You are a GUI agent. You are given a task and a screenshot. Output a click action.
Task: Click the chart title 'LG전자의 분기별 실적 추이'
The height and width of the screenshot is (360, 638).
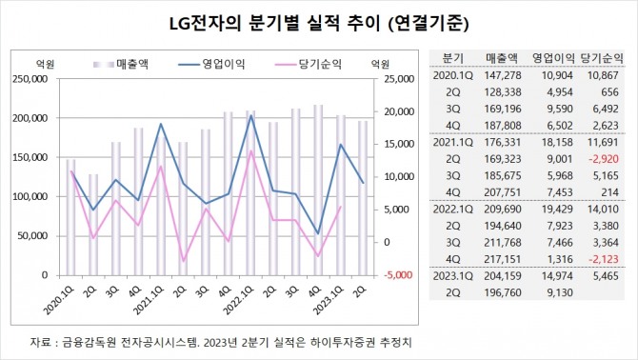256,19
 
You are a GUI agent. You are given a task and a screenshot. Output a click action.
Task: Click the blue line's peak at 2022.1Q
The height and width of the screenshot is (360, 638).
250,115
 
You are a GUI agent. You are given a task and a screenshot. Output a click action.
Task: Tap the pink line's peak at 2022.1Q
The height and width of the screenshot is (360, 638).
250,151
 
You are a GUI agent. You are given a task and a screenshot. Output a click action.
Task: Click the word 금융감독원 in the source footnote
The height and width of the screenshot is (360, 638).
89,341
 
